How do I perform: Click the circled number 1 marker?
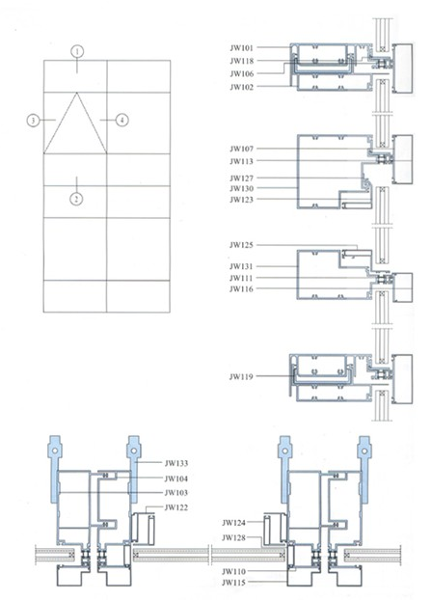click(x=77, y=51)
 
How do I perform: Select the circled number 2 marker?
click(x=76, y=199)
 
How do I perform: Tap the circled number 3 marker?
click(x=34, y=121)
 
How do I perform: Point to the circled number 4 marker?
click(x=121, y=121)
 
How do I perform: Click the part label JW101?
click(x=242, y=48)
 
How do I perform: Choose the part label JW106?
click(x=242, y=74)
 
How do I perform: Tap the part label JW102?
click(x=242, y=88)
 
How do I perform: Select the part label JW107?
click(x=242, y=149)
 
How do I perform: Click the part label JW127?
click(x=242, y=178)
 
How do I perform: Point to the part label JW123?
click(x=242, y=200)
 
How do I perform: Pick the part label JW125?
click(x=242, y=245)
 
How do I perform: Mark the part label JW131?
click(x=242, y=266)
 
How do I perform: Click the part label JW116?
click(x=242, y=289)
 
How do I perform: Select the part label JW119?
click(x=242, y=377)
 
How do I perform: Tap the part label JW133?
click(x=176, y=463)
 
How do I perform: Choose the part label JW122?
click(x=176, y=507)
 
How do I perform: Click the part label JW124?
click(x=233, y=523)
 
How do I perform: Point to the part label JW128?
click(x=233, y=538)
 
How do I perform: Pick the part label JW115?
click(x=233, y=583)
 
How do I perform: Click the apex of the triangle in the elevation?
click(x=77, y=93)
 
